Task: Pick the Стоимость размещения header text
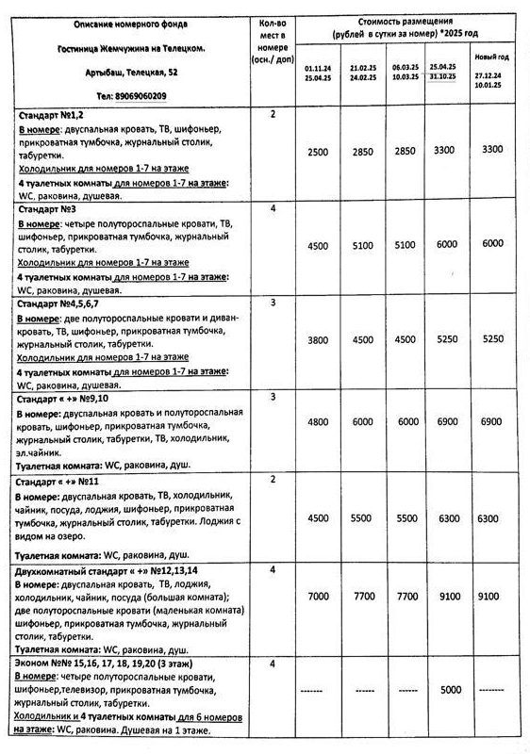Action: [406, 25]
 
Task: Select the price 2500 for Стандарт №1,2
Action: [320, 151]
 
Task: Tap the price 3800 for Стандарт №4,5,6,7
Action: [320, 341]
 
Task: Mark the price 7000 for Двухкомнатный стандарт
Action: [320, 597]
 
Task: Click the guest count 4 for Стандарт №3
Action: [272, 208]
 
